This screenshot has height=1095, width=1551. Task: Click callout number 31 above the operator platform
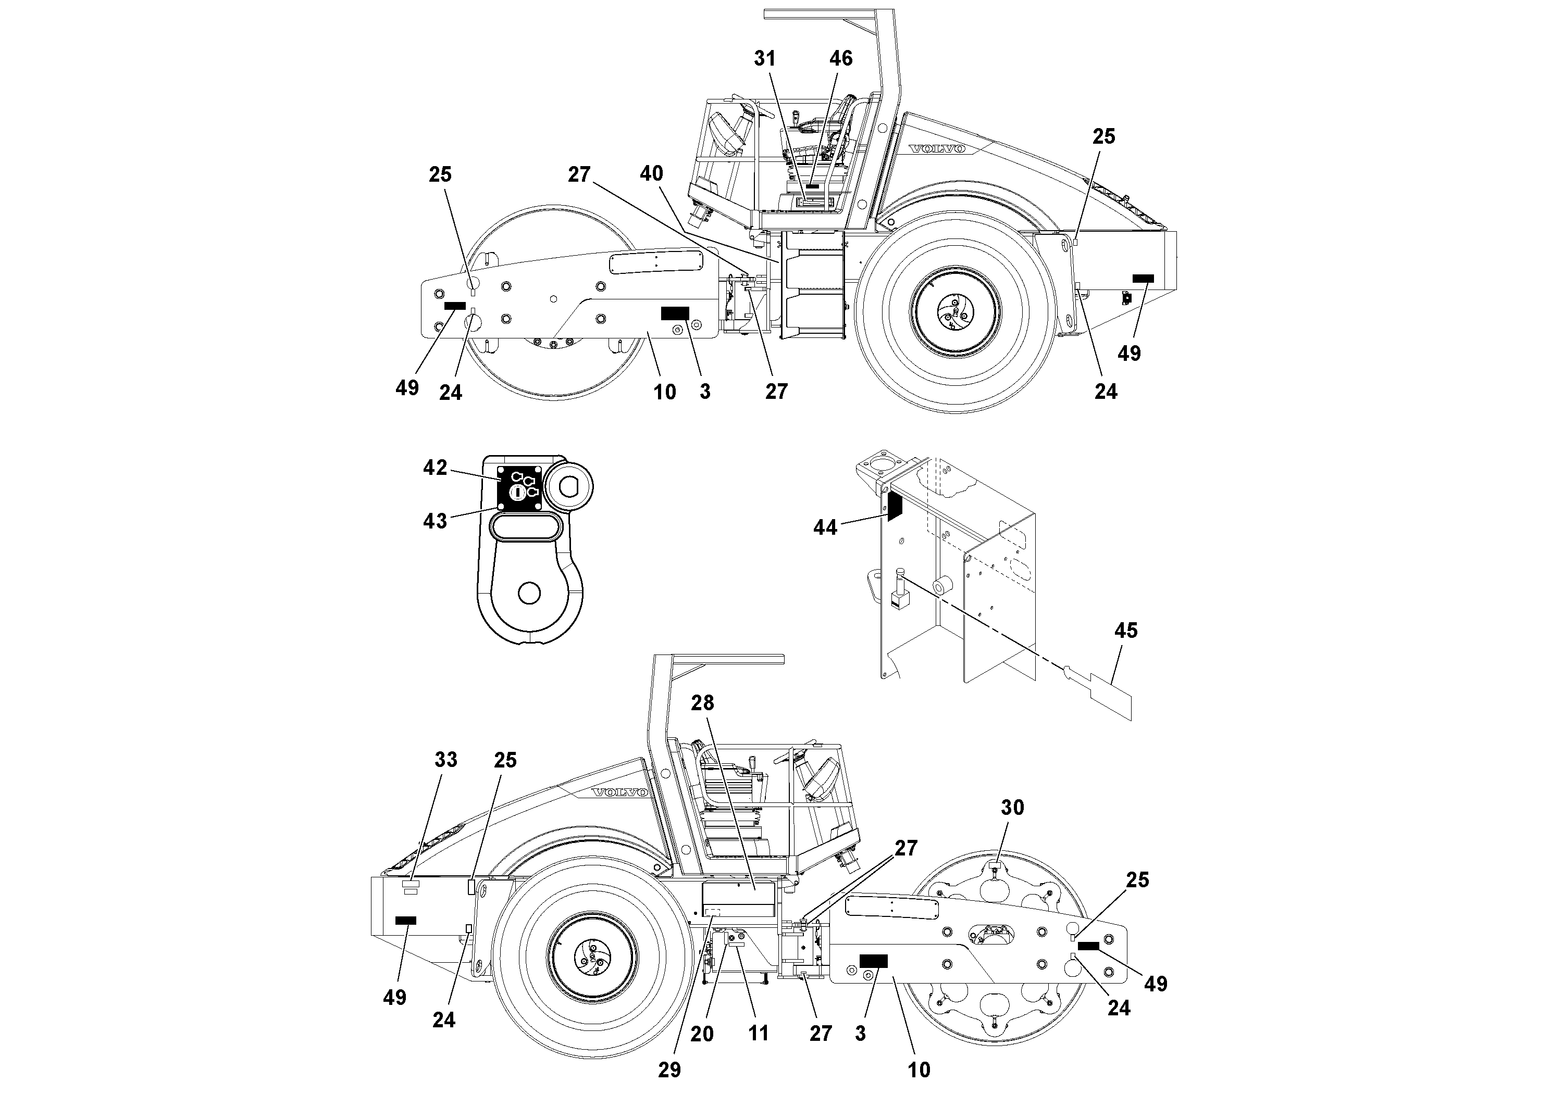click(765, 59)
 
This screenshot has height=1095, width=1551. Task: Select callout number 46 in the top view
click(840, 59)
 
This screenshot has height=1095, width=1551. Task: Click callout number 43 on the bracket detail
click(435, 521)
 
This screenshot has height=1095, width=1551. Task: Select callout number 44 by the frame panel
click(825, 527)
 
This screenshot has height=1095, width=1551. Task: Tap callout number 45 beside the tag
click(1125, 631)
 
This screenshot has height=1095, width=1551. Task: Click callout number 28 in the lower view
click(702, 703)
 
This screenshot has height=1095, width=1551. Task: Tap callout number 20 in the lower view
click(702, 1034)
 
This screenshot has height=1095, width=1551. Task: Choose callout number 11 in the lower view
click(759, 1034)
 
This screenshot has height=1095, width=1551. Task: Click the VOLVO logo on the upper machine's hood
click(936, 148)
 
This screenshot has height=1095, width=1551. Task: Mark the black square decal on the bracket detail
click(519, 487)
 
